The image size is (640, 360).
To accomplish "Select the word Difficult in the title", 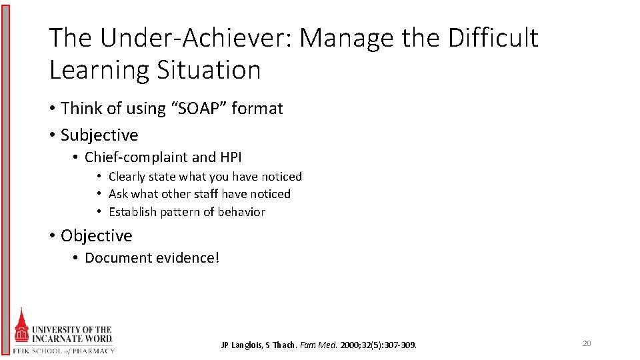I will pos(493,39).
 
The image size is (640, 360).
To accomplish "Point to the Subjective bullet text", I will pos(99,135).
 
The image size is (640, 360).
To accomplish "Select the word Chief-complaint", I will pos(136,157).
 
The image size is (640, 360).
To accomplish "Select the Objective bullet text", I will pos(96,235).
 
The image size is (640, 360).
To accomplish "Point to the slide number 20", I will pos(587,343).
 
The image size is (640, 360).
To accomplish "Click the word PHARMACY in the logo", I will pos(93,351).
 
